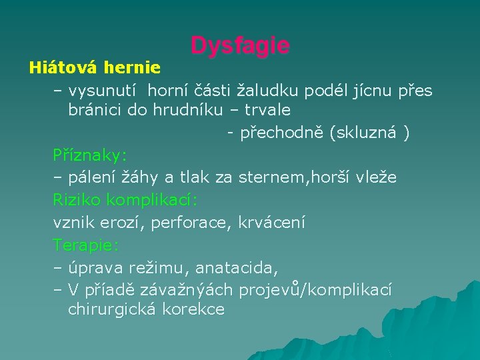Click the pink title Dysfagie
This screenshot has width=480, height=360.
[240, 45]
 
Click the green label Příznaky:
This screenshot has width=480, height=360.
[89, 155]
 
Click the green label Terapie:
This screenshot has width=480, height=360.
[85, 245]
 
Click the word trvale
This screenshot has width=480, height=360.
[267, 109]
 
